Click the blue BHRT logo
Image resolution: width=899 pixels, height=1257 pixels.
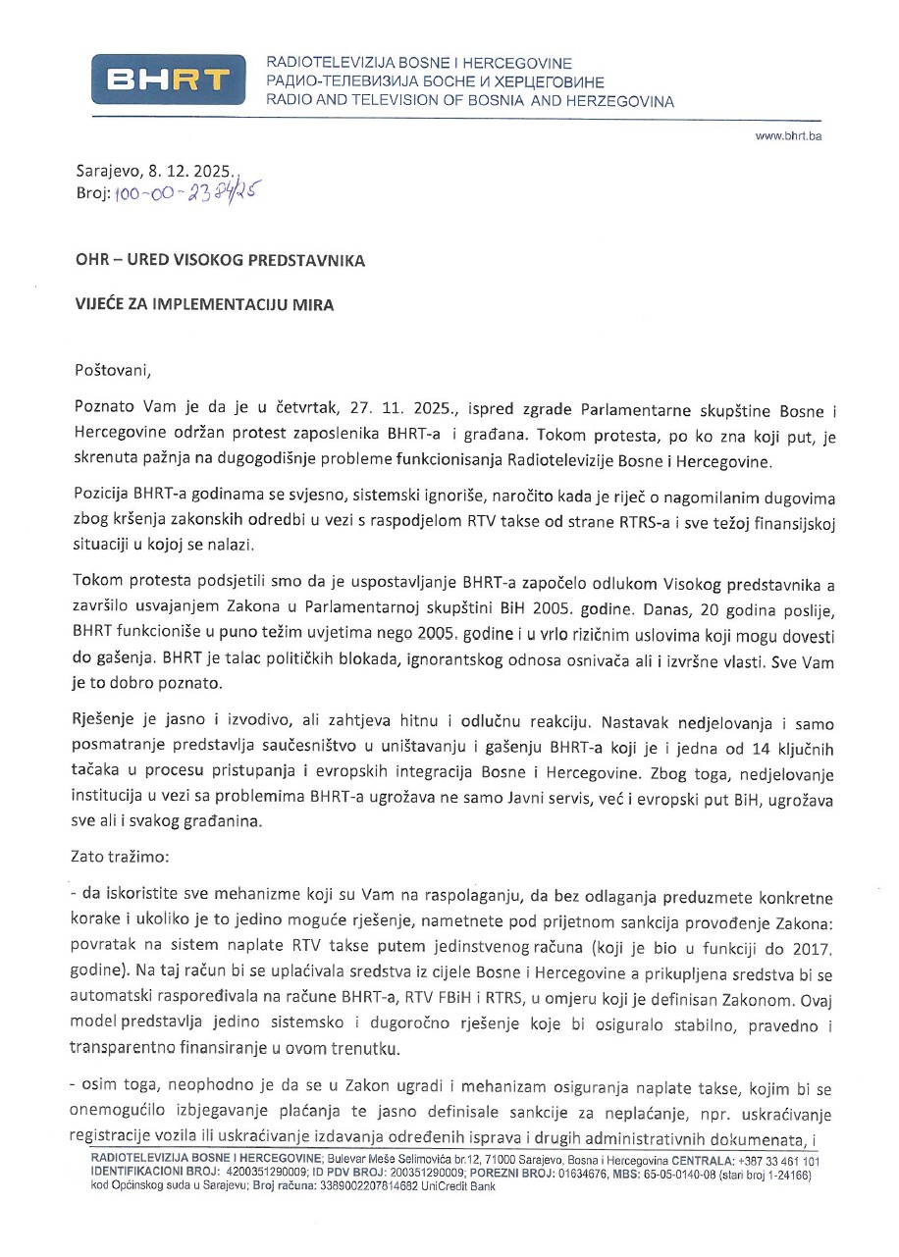(x=167, y=79)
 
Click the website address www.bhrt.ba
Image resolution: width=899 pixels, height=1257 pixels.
(x=788, y=135)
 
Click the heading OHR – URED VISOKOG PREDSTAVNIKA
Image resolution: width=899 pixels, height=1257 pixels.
(x=220, y=260)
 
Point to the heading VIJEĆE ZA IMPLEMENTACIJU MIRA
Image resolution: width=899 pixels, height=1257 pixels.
(x=204, y=304)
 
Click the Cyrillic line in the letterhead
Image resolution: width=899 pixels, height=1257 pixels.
(x=436, y=82)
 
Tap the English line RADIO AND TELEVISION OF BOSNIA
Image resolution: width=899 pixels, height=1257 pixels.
(x=470, y=101)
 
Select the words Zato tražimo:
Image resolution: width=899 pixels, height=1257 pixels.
(x=120, y=856)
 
